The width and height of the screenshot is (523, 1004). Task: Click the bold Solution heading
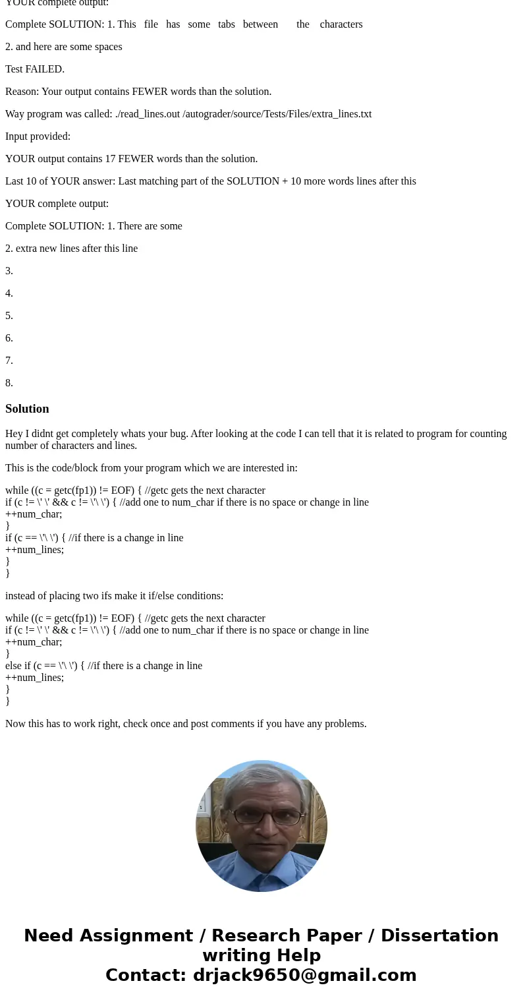pos(27,409)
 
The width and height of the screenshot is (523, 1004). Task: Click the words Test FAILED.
pos(35,69)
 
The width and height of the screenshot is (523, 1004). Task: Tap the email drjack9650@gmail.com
pos(304,975)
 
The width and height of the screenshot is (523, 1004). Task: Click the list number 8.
pos(9,383)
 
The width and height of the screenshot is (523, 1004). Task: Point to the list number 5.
pos(9,316)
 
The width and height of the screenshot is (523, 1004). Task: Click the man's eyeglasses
pos(261,815)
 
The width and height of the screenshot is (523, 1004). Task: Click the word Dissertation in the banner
pos(439,935)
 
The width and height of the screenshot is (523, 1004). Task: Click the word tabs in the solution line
pos(227,24)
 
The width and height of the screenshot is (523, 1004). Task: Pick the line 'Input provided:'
pos(38,136)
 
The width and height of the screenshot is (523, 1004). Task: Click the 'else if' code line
pos(103,666)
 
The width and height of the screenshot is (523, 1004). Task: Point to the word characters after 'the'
pos(341,24)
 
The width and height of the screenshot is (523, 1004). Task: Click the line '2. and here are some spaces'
pos(64,47)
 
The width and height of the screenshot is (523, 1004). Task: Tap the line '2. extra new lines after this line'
pos(71,249)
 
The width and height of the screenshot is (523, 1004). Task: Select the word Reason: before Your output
pos(22,92)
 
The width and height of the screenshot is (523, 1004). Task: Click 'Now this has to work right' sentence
pos(186,724)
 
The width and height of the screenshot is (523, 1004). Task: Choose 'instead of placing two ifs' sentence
pos(114,596)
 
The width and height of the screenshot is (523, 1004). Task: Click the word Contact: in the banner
pos(146,975)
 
